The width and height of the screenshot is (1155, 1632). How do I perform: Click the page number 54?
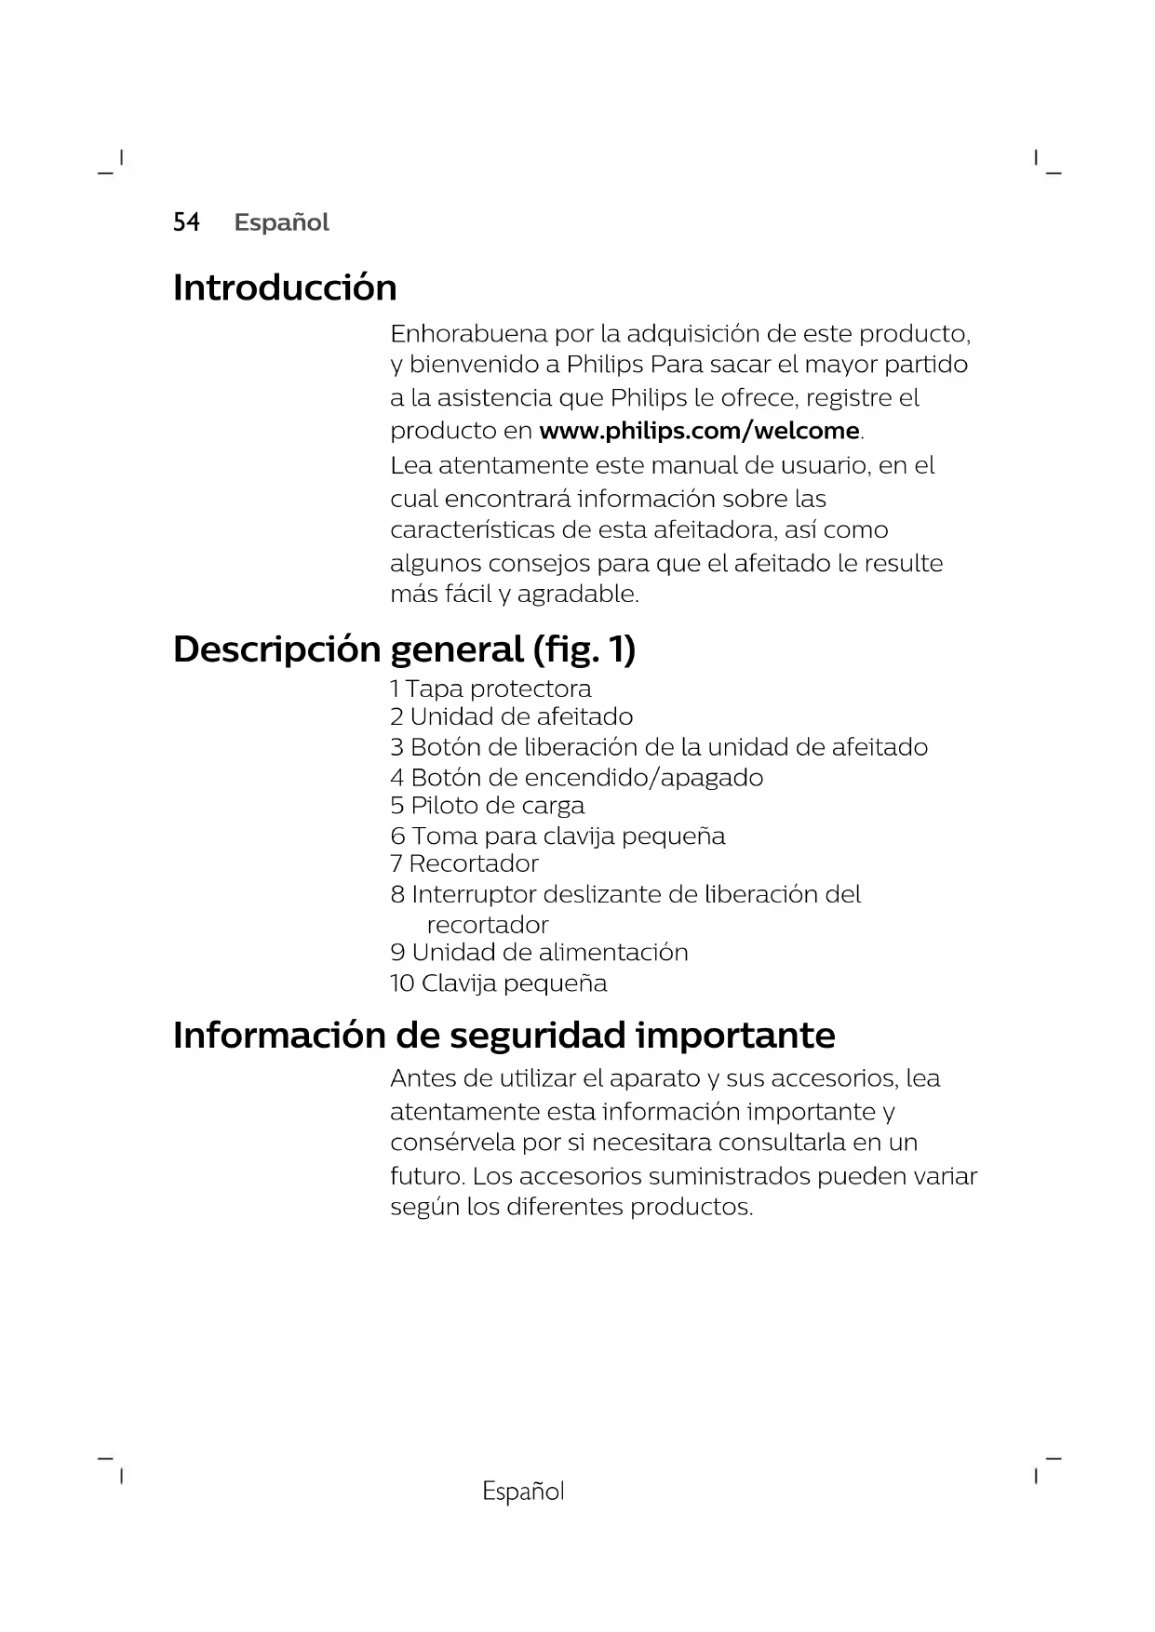(186, 222)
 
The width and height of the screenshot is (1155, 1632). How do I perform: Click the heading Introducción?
(285, 288)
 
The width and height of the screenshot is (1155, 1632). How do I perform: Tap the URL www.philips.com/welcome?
(699, 431)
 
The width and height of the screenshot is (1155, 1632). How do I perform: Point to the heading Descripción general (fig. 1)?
(404, 649)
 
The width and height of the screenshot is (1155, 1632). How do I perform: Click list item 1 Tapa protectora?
(490, 689)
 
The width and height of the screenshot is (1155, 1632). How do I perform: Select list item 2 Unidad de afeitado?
(511, 716)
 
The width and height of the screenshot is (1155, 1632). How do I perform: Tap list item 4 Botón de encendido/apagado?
(576, 777)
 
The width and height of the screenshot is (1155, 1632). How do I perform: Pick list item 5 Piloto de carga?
(487, 805)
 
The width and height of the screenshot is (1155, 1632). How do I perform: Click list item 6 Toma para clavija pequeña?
(557, 836)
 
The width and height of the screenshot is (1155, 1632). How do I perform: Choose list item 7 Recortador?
(464, 863)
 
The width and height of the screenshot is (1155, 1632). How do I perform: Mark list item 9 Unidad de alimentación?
(539, 952)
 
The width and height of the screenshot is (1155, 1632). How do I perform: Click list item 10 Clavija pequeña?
(498, 983)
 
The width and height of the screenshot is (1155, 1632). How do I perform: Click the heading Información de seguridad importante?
(504, 1035)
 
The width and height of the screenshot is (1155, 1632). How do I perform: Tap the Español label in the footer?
(523, 1491)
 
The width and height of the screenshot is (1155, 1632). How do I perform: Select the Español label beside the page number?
(281, 222)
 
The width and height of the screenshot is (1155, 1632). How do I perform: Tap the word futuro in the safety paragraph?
(426, 1176)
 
